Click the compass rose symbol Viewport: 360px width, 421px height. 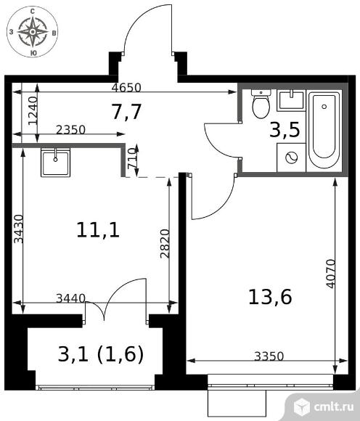click(x=33, y=32)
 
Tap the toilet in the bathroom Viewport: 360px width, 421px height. click(x=261, y=104)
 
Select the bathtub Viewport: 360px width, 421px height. click(x=324, y=130)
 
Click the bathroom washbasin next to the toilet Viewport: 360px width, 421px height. click(x=291, y=100)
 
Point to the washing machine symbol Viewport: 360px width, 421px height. click(x=291, y=158)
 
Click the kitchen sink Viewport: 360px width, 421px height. click(x=56, y=162)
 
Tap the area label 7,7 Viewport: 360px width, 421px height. click(x=127, y=112)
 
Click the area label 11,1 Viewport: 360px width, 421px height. click(x=98, y=230)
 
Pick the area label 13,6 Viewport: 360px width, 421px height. click(x=270, y=297)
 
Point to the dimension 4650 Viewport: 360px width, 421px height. click(x=126, y=88)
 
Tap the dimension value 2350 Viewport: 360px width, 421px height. click(x=70, y=130)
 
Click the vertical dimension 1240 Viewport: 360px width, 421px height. click(x=33, y=110)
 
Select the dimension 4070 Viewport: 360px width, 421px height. click(x=331, y=274)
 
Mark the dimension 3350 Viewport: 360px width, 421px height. click(x=269, y=356)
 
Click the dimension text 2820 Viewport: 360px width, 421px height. click(x=165, y=243)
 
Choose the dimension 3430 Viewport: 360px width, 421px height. click(x=19, y=229)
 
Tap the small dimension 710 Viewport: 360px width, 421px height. click(x=132, y=158)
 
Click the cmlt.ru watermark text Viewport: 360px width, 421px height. click(x=334, y=406)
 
